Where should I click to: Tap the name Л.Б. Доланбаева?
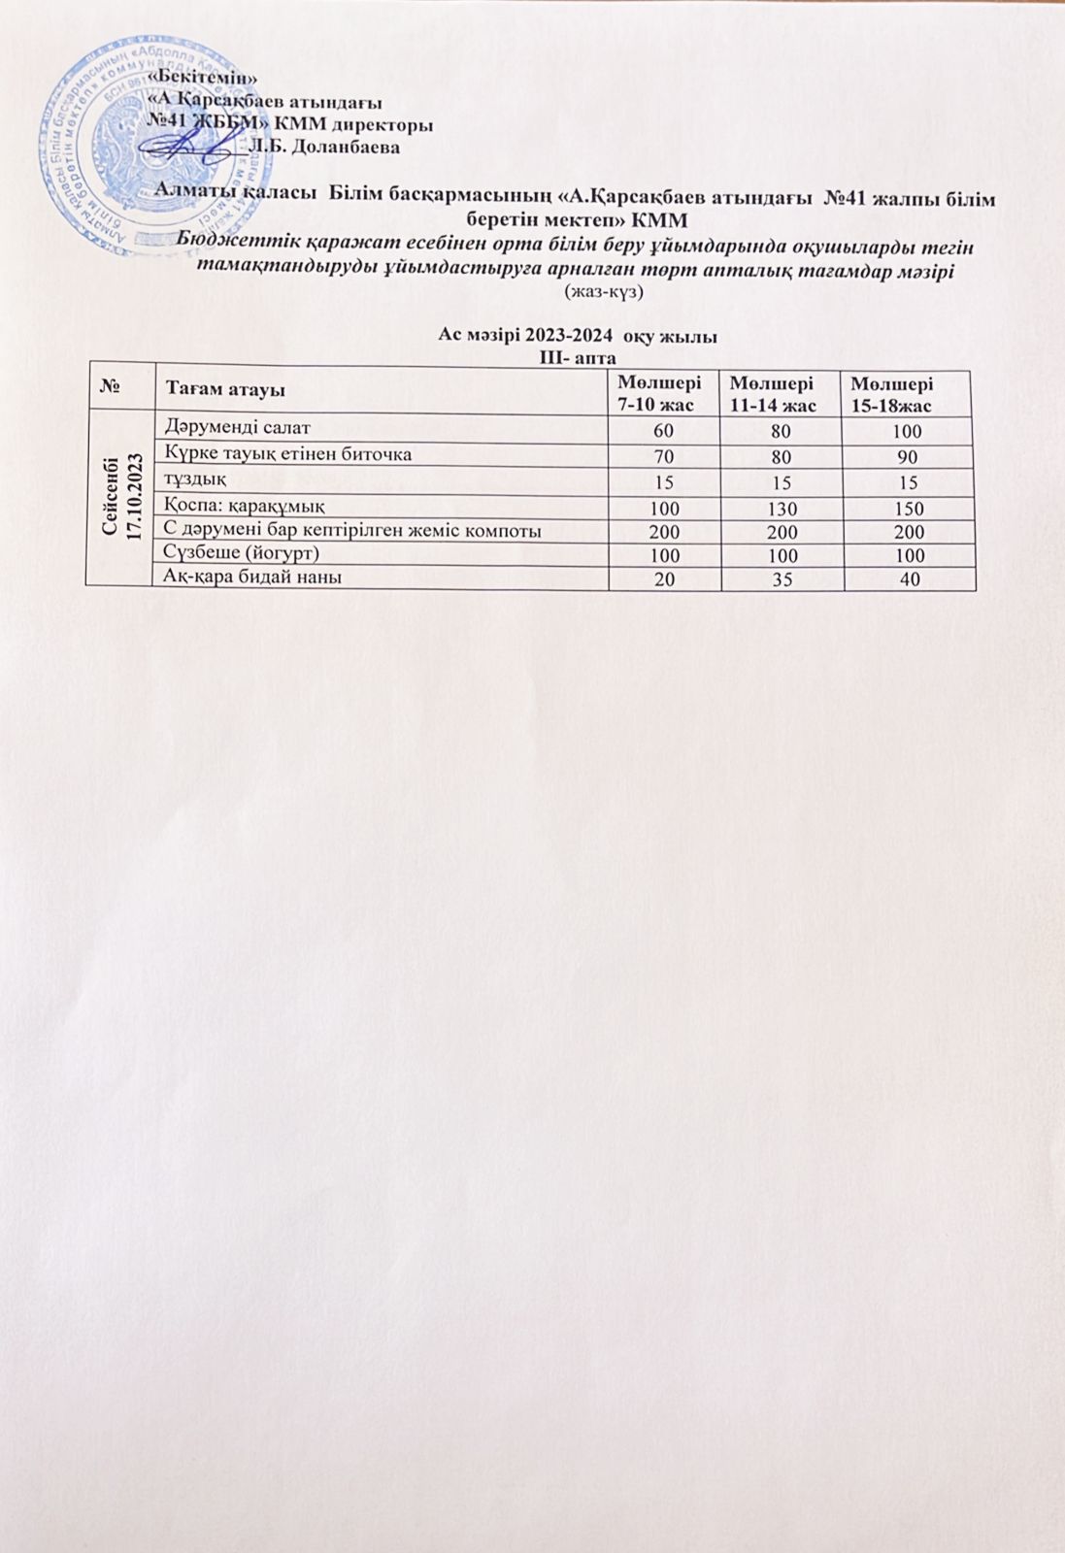tap(325, 148)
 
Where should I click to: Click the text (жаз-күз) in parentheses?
tap(604, 290)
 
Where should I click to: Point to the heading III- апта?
tap(578, 357)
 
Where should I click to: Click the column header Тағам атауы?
tap(224, 390)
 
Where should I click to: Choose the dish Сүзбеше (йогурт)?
tap(242, 552)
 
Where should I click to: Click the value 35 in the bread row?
tap(782, 580)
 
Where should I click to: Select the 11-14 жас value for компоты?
tap(782, 532)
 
